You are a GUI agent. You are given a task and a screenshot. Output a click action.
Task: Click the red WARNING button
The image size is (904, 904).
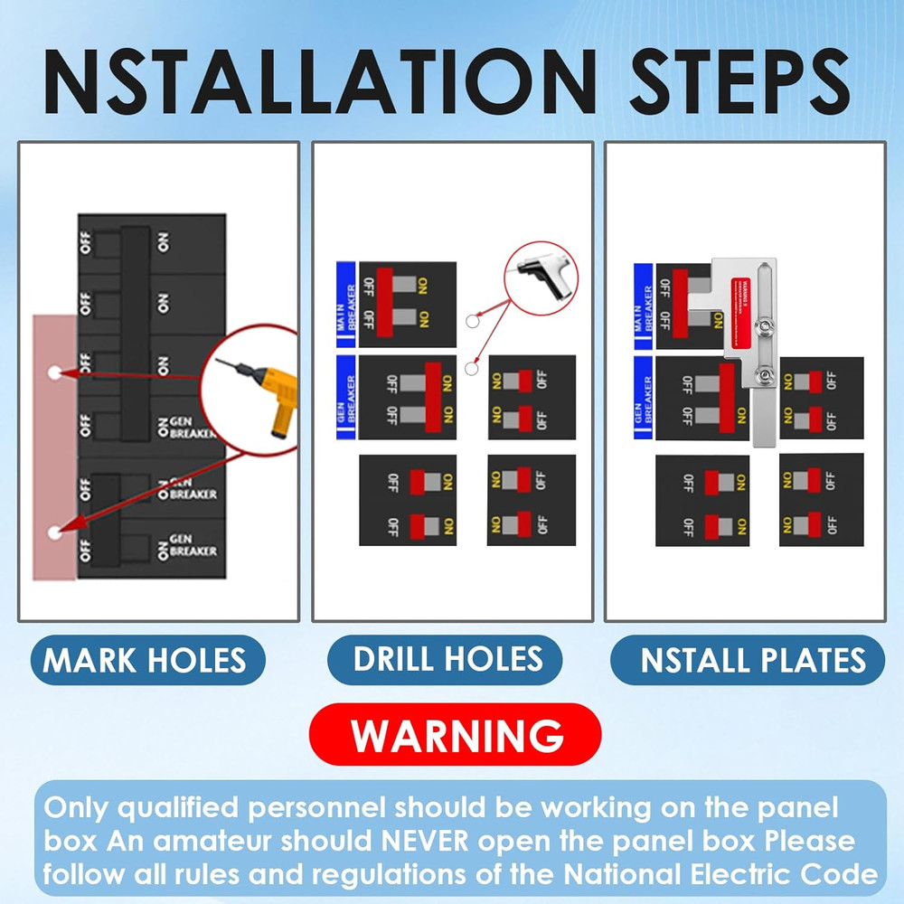pyautogui.click(x=455, y=735)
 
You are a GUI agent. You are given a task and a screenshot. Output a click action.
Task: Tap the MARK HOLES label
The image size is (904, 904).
pyautogui.click(x=146, y=660)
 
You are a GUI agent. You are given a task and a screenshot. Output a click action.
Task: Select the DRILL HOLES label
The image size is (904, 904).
pyautogui.click(x=448, y=658)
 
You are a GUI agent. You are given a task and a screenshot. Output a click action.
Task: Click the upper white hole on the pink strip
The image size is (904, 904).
pyautogui.click(x=53, y=372)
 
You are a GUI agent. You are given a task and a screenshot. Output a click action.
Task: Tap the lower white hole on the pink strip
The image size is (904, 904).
pyautogui.click(x=54, y=532)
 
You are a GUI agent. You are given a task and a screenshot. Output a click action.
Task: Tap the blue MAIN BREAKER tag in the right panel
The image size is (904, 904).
pyautogui.click(x=644, y=305)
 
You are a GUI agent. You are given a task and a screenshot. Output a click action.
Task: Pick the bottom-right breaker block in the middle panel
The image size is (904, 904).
pyautogui.click(x=532, y=500)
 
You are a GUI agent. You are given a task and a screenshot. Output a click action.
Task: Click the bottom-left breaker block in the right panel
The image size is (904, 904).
pyautogui.click(x=702, y=500)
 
